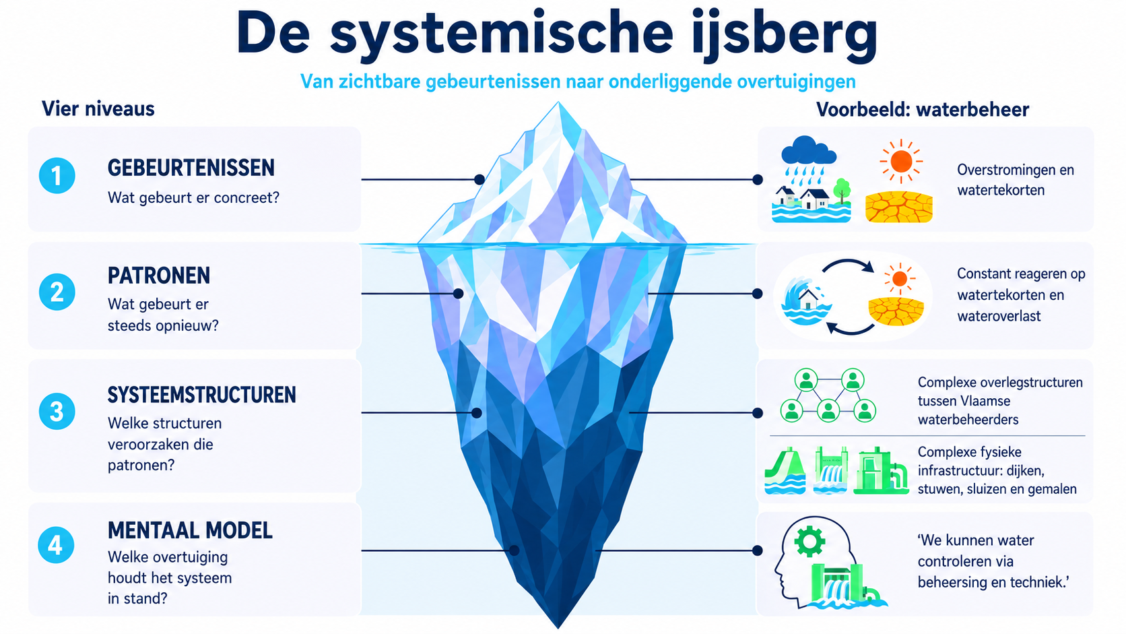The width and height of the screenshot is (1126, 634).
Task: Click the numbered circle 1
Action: click(x=57, y=175)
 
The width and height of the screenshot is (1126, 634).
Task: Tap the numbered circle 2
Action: click(x=57, y=292)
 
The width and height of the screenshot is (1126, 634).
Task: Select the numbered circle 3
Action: click(x=57, y=411)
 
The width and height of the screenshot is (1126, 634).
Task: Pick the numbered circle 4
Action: click(x=56, y=545)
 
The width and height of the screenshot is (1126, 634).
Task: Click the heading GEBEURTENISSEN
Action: click(x=191, y=168)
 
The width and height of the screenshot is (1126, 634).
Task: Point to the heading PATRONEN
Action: click(x=159, y=276)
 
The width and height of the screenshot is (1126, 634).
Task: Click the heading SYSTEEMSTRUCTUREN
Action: click(x=201, y=395)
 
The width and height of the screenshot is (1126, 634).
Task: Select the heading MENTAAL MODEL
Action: click(x=190, y=530)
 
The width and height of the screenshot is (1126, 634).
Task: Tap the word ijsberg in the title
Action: click(x=785, y=36)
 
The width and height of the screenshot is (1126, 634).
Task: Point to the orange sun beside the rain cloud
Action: click(x=901, y=161)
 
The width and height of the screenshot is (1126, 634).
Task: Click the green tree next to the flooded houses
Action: click(x=842, y=191)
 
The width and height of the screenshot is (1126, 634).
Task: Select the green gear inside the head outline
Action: click(x=809, y=541)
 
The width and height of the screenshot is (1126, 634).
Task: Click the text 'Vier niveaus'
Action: click(x=98, y=108)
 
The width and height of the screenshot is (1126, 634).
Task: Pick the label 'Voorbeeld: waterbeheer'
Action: click(x=923, y=109)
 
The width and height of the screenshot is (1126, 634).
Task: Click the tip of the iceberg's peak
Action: click(x=558, y=102)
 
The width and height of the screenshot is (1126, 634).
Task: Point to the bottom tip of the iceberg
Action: click(x=558, y=628)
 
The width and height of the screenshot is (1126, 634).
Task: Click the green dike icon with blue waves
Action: click(x=785, y=471)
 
